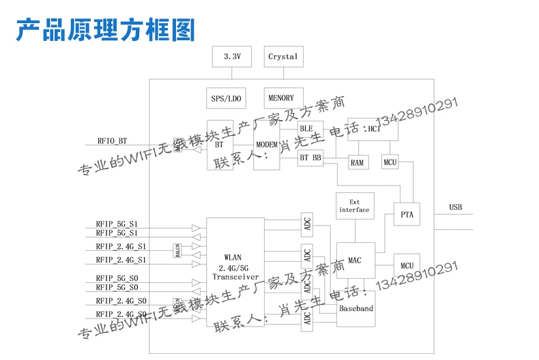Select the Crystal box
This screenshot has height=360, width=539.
[283, 57]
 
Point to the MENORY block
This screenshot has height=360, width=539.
[281, 98]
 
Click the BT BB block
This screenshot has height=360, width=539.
[310, 157]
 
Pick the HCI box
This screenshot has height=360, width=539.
[373, 129]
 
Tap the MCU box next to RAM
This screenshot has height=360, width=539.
[390, 162]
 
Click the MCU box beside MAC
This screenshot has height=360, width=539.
[407, 265]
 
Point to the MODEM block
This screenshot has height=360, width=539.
[267, 145]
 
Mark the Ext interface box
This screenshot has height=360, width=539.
[355, 206]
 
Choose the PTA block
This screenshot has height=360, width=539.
[407, 215]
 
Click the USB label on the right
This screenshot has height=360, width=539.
[456, 207]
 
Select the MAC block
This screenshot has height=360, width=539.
[355, 260]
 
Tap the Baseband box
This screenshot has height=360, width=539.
[356, 308]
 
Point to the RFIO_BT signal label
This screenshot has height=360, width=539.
[112, 141]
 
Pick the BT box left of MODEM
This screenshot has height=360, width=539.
[220, 145]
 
